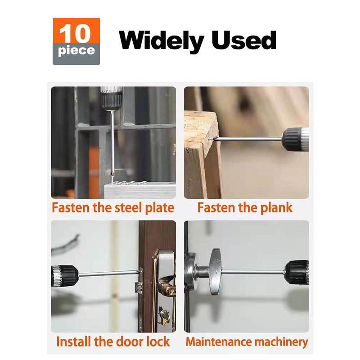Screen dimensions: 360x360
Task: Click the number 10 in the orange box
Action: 75,33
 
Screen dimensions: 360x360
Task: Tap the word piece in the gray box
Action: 76,51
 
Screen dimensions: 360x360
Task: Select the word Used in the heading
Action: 244,40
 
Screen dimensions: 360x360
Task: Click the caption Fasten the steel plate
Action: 113,207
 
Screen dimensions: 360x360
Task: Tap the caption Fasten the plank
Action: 245,207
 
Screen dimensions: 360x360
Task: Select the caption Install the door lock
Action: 113,342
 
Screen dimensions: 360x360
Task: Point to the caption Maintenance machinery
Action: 247,342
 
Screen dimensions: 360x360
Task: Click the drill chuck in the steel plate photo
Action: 112,98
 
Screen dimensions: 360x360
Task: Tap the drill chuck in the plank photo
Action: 295,139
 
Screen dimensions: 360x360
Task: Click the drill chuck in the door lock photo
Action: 65,276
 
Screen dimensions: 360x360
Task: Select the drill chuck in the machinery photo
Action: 297,272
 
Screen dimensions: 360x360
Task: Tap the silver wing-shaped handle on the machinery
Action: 215,272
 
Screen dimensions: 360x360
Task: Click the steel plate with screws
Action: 140,190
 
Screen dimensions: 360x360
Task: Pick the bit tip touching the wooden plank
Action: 215,139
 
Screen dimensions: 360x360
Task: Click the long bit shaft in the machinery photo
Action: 252,272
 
